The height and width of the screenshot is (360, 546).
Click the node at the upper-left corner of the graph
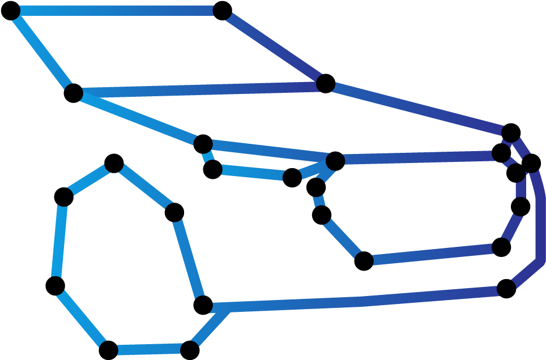[12, 11]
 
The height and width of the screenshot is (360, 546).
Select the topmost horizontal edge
[116, 11]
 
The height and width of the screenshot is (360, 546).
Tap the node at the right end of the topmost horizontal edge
[222, 11]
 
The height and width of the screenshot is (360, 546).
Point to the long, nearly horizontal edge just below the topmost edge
[198, 88]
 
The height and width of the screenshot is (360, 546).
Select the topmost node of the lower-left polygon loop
[114, 164]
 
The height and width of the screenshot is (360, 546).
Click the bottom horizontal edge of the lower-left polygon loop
[149, 349]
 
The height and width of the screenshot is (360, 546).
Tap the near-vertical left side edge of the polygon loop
[59, 241]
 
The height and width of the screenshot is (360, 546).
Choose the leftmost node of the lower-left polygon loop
[56, 285]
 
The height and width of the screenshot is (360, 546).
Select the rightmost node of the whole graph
[531, 164]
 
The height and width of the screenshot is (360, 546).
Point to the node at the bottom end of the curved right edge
[506, 288]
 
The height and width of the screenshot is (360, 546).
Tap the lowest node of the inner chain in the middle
[364, 260]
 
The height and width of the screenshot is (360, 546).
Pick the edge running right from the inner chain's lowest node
[433, 253]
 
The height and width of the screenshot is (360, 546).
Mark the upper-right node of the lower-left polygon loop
[174, 212]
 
